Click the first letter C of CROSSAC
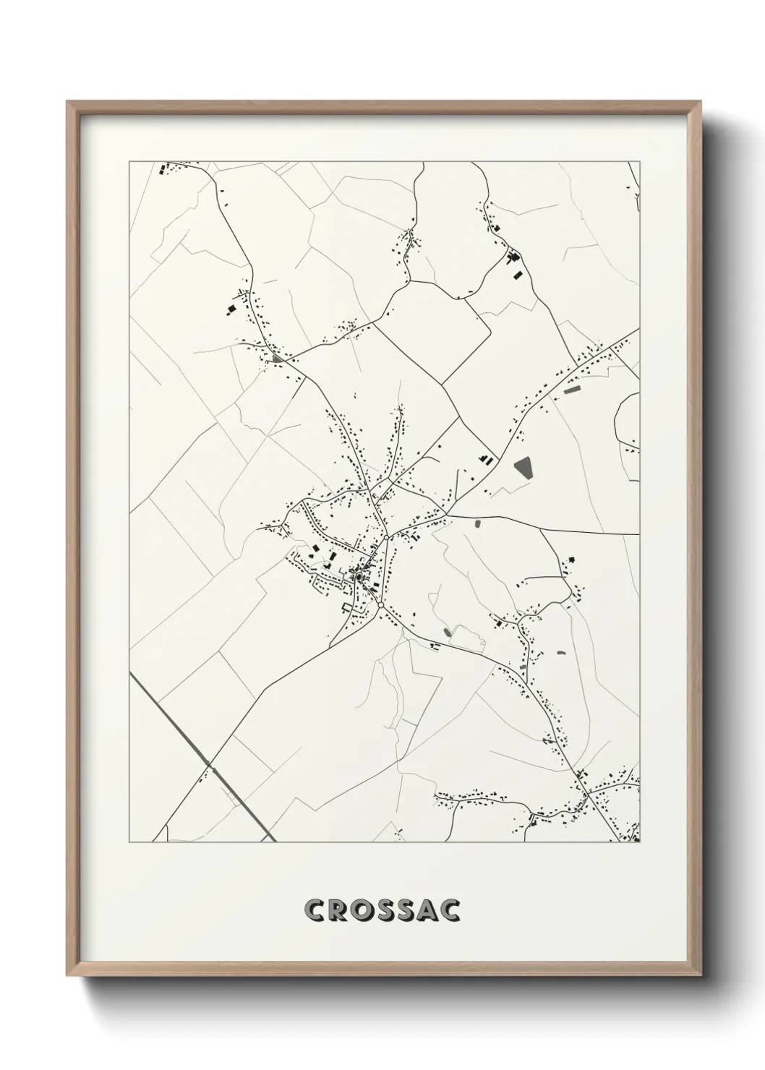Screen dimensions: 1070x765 (x=316, y=910)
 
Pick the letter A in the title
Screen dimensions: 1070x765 (x=426, y=910)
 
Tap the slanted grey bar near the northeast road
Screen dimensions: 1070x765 (x=572, y=390)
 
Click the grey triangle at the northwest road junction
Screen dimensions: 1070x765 (x=278, y=356)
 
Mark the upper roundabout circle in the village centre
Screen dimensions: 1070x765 (x=388, y=538)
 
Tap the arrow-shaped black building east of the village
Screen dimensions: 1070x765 (x=571, y=559)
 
